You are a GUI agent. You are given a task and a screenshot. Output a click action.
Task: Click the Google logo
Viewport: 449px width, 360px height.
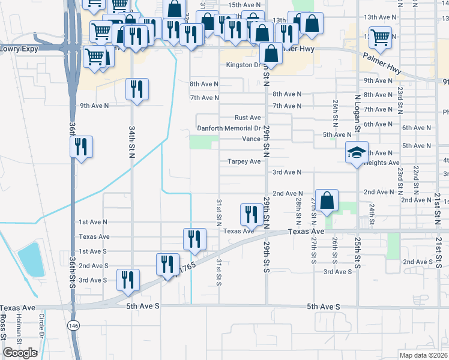(20, 353)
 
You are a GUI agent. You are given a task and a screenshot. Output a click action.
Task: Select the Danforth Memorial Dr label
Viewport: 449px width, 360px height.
(229, 128)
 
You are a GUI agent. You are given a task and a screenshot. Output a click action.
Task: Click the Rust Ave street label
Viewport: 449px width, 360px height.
(247, 118)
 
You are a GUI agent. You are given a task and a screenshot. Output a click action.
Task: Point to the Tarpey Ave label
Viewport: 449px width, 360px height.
(244, 161)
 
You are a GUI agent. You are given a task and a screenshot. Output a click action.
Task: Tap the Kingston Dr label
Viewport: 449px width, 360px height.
(243, 65)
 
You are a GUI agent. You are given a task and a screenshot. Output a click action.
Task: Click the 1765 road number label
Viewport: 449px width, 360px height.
(187, 268)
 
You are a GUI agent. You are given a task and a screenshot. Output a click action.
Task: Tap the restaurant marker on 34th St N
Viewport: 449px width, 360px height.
(137, 90)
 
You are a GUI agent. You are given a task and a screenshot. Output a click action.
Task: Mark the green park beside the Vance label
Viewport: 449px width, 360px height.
(203, 142)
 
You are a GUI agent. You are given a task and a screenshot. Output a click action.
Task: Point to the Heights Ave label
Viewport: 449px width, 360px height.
(382, 163)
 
